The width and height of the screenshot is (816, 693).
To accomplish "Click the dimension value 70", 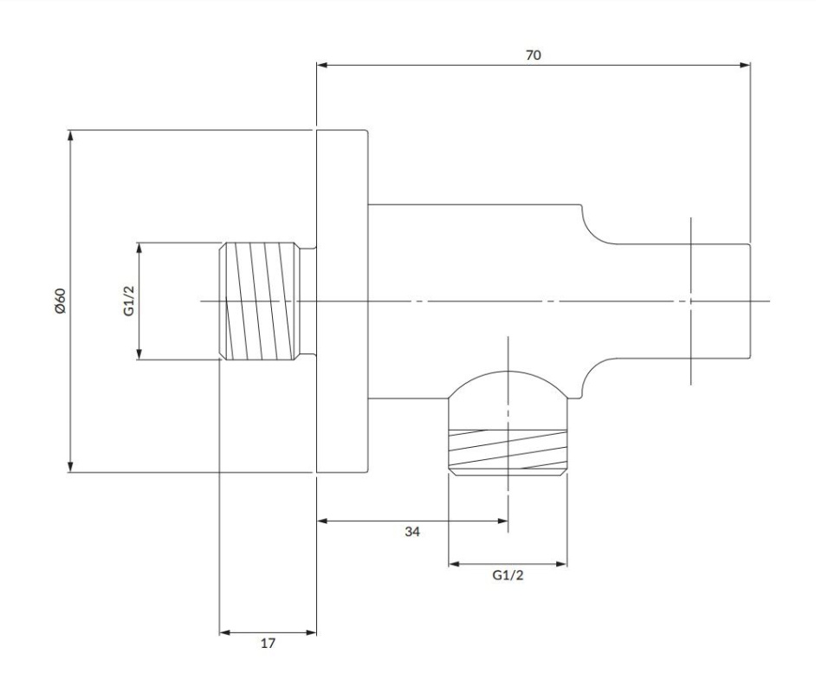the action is point(534,55).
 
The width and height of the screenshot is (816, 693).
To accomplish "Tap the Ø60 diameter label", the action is point(60,301).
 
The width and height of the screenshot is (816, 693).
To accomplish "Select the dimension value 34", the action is point(412,532).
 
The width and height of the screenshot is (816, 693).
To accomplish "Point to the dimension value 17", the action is point(268,644).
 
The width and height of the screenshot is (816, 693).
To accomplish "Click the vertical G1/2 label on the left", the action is point(129,301).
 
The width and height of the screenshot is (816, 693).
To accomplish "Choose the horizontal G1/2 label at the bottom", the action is point(508,575).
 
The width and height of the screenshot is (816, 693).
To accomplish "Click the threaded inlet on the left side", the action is point(260,301).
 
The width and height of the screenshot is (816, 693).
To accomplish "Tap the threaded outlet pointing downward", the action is point(508,451).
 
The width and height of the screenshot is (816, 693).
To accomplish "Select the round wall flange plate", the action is point(342,301).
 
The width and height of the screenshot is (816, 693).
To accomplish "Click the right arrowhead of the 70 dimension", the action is point(746,65).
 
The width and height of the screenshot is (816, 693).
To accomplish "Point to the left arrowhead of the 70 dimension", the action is point(322,65).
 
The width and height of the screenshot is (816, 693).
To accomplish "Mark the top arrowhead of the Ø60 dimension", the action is point(71,135).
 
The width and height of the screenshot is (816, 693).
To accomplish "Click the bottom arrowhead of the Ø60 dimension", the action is point(71,467).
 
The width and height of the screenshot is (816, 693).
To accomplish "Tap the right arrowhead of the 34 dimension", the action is point(502,521).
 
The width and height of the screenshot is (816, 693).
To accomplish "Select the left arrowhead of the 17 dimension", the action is point(225,632).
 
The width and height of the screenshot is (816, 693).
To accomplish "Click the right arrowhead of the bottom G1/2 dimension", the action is point(561,564).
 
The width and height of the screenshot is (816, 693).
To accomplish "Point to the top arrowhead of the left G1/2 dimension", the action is point(139,248).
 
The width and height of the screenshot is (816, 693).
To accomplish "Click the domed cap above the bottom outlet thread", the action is point(508,385).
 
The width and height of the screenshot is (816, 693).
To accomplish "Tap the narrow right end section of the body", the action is point(684,301).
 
